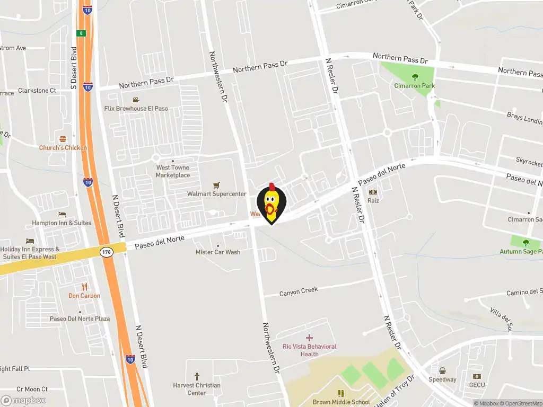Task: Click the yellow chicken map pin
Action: (x=271, y=203)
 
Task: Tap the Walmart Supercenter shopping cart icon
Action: (x=216, y=185)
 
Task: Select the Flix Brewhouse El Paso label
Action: (x=136, y=108)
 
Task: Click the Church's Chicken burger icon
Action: (x=63, y=139)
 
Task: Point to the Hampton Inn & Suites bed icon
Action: (x=62, y=215)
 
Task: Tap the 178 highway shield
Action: (x=106, y=252)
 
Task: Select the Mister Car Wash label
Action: (x=218, y=252)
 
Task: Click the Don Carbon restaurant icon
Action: (x=84, y=287)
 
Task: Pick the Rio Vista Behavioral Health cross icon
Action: (x=309, y=338)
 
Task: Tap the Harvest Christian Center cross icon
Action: (x=197, y=376)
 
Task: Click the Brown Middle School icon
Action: (x=341, y=393)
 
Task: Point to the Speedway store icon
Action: (x=442, y=370)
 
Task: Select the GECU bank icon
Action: (x=476, y=376)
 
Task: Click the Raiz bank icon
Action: (x=373, y=192)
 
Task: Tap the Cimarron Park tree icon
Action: (x=415, y=77)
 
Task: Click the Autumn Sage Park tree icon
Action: (x=526, y=243)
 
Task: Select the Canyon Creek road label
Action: (x=298, y=291)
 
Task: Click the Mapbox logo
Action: (x=23, y=401)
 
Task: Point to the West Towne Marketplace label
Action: (x=172, y=171)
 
